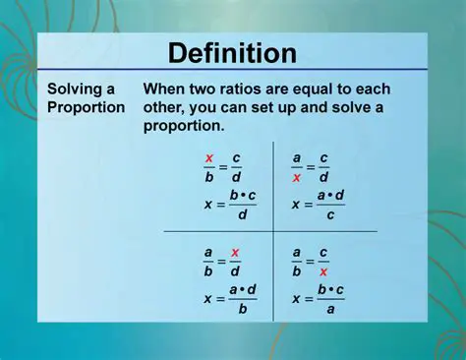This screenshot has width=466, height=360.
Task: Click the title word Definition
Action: (x=232, y=52)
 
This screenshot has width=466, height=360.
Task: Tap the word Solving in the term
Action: (x=74, y=89)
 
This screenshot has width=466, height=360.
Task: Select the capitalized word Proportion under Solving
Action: (x=87, y=107)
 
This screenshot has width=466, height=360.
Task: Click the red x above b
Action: (x=209, y=157)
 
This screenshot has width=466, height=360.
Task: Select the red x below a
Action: (x=297, y=178)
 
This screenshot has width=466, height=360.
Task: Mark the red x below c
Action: (x=323, y=272)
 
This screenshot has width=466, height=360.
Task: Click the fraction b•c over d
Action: (x=242, y=205)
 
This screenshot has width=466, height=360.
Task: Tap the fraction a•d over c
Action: (x=329, y=205)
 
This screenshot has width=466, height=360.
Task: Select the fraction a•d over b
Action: (x=242, y=299)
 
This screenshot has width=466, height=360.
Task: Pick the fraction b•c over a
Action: (x=329, y=299)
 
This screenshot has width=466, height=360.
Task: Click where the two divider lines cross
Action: (x=272, y=231)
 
